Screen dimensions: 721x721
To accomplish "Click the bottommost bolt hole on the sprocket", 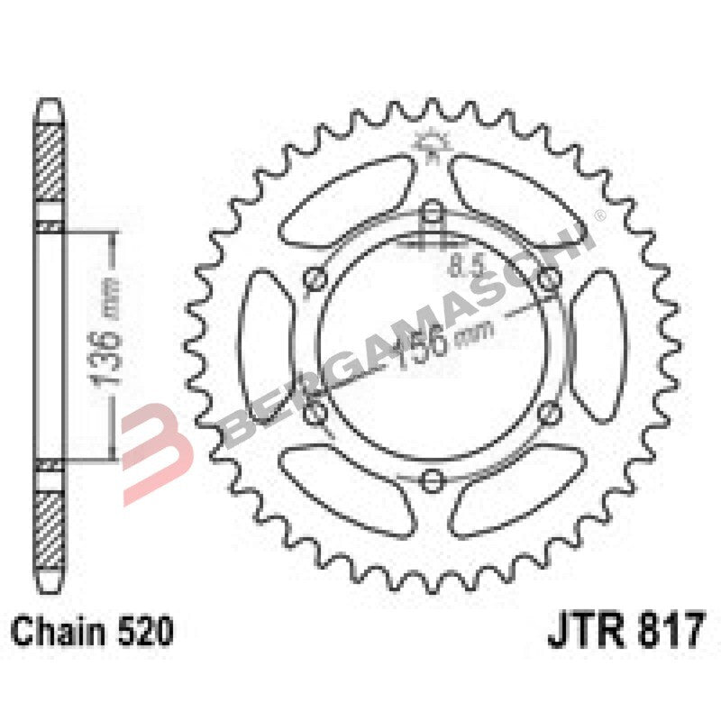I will coord(433,477).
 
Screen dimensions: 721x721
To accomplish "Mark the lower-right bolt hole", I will coord(547,412).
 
